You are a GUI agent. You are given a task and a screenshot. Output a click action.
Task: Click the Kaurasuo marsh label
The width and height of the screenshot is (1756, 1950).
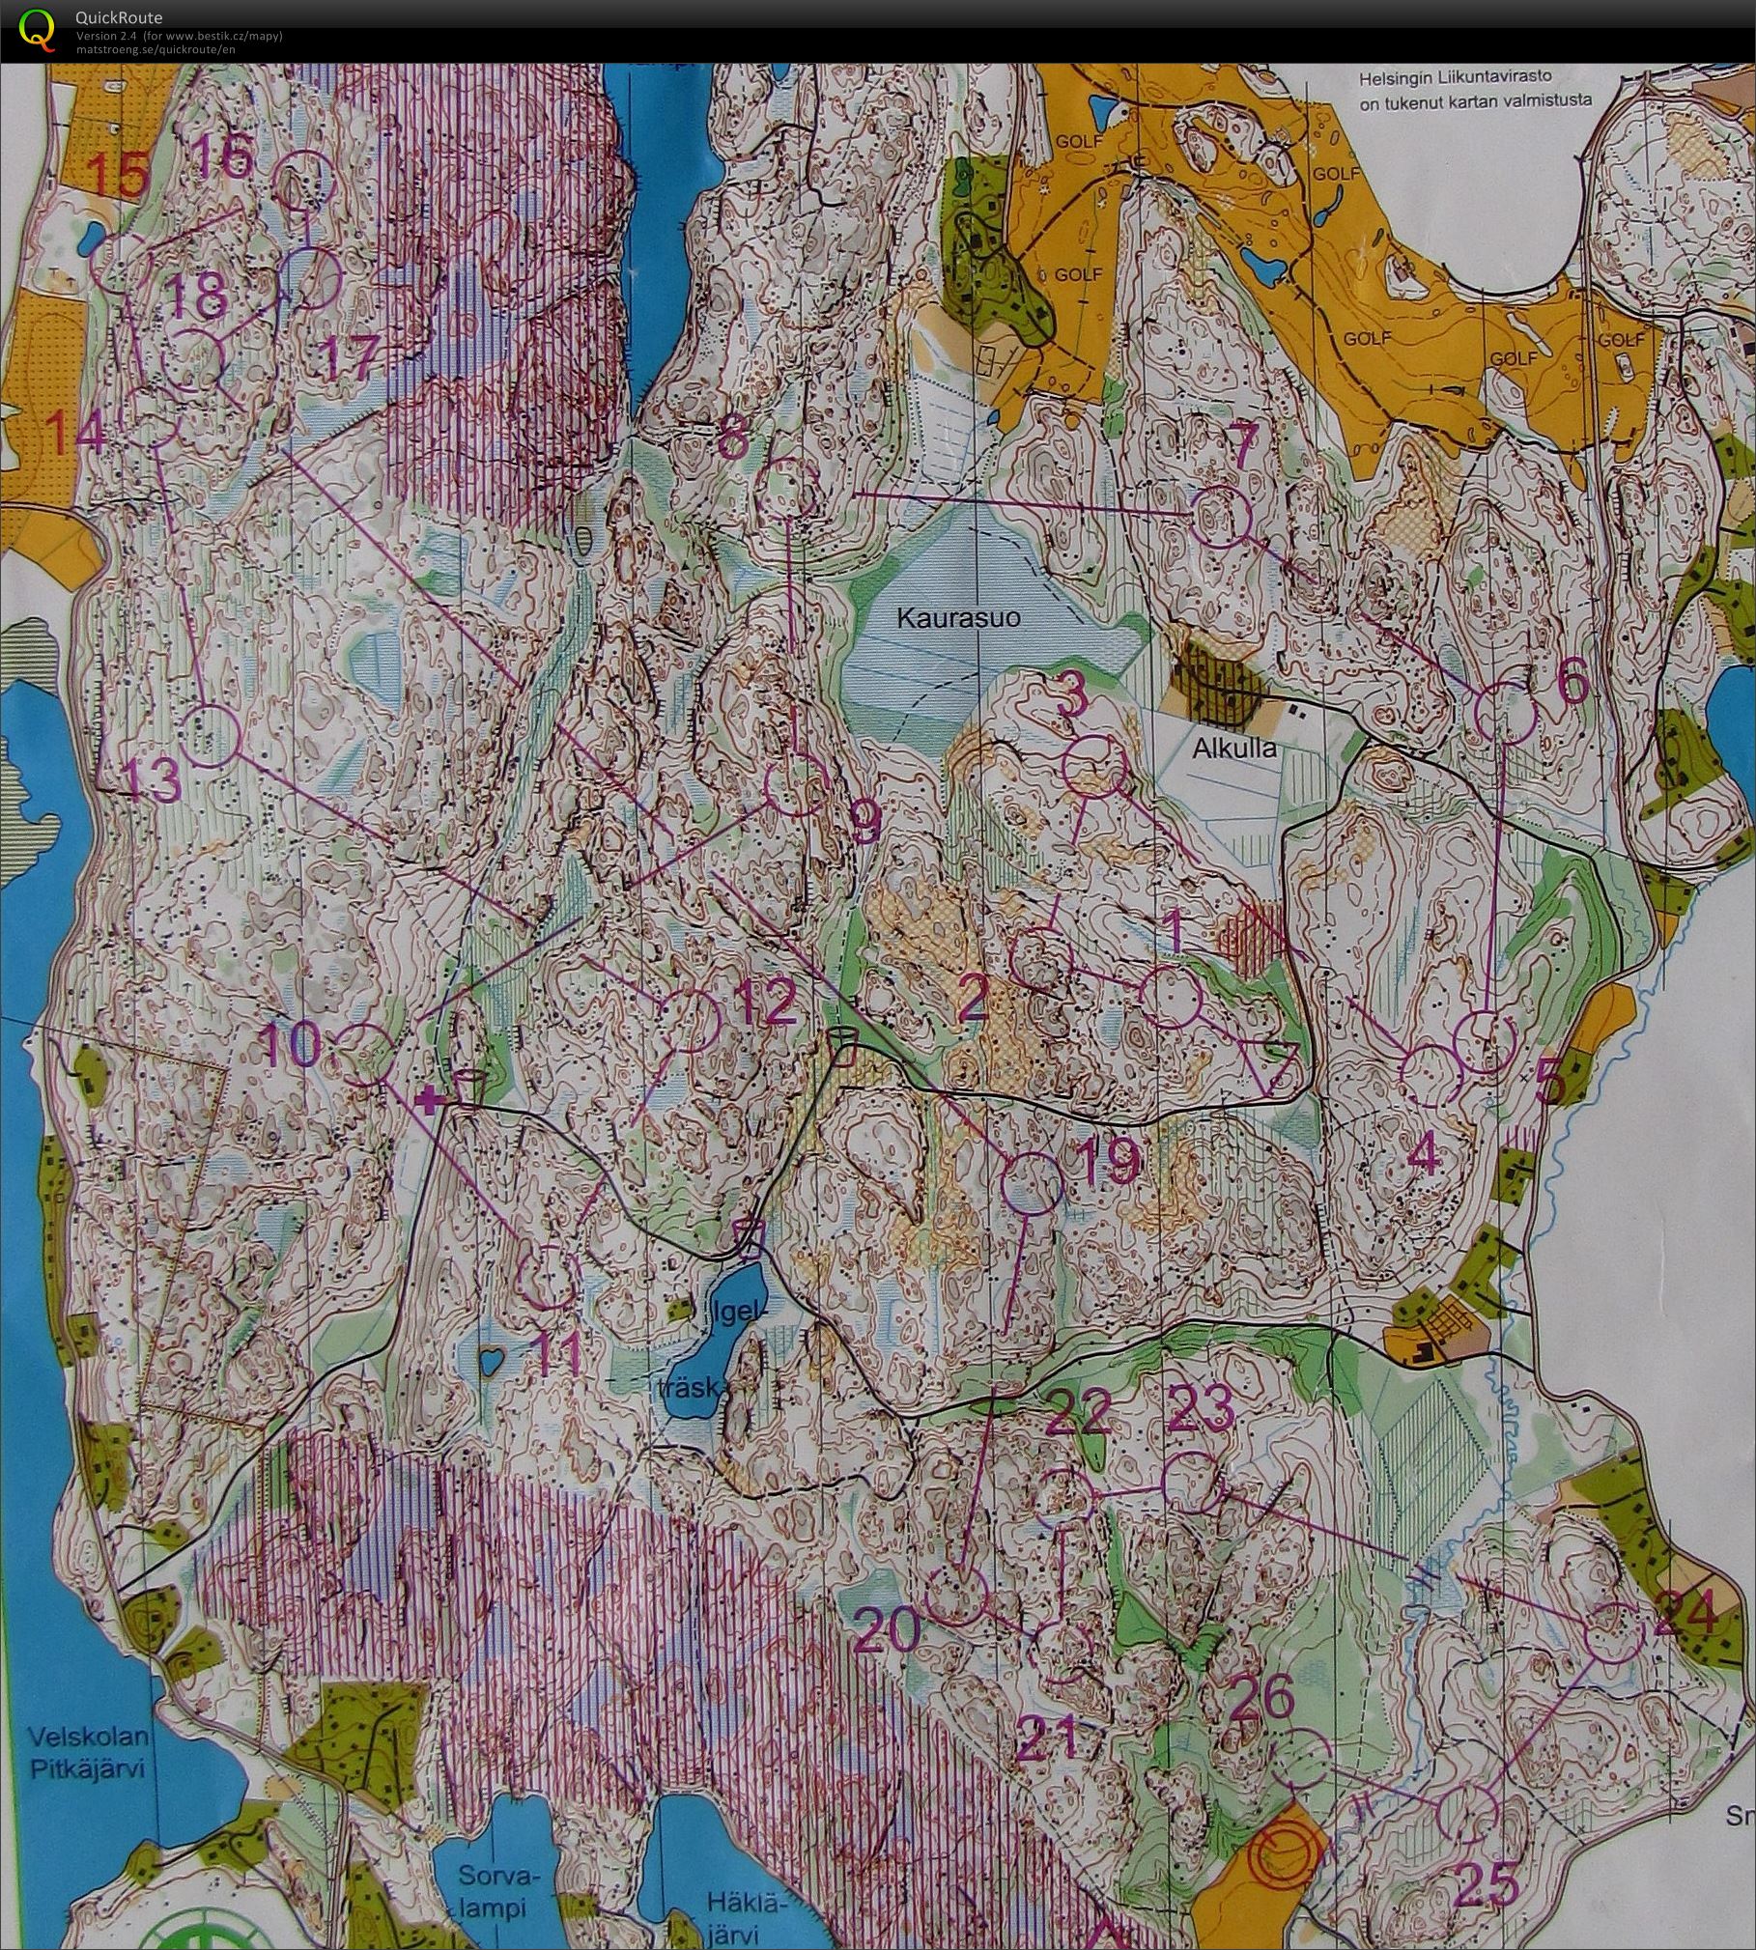(958, 618)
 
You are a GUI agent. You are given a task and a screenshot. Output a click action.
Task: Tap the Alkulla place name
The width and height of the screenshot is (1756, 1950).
(1233, 749)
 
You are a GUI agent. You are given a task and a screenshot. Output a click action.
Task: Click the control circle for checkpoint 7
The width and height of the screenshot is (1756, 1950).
(1220, 520)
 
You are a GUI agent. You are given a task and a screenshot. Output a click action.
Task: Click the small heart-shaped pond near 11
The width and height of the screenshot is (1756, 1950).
(492, 1362)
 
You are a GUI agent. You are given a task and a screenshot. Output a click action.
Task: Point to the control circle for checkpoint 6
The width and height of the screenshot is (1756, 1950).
(1506, 713)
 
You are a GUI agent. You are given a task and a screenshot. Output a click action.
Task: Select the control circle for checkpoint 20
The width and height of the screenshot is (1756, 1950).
(955, 1594)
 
